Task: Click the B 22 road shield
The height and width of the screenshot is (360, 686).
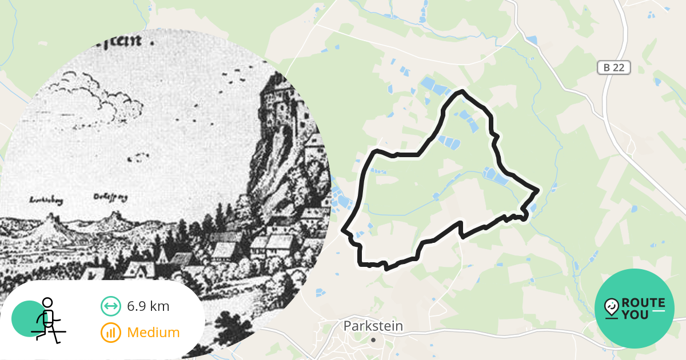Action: pyautogui.click(x=614, y=67)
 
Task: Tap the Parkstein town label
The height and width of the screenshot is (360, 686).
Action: pyautogui.click(x=373, y=326)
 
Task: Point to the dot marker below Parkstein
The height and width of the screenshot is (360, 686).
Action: pyautogui.click(x=373, y=339)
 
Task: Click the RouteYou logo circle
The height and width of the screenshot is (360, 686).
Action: pyautogui.click(x=635, y=309)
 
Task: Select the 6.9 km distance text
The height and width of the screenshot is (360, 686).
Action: pyautogui.click(x=148, y=306)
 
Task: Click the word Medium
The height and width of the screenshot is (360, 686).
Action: pyautogui.click(x=153, y=332)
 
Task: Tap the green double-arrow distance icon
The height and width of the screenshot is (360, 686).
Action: pyautogui.click(x=110, y=306)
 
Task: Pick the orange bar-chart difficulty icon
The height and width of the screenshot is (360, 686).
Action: pyautogui.click(x=110, y=332)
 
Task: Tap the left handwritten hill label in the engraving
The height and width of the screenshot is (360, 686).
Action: pyautogui.click(x=47, y=201)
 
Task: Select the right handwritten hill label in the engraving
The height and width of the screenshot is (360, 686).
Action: pyautogui.click(x=110, y=198)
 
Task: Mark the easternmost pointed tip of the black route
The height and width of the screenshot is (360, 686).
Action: pyautogui.click(x=538, y=190)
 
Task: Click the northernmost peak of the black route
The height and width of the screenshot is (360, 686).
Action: pyautogui.click(x=462, y=91)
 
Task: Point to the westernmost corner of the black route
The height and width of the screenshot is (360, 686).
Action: pyautogui.click(x=344, y=230)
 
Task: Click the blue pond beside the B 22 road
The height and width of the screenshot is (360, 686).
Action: pyautogui.click(x=532, y=40)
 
